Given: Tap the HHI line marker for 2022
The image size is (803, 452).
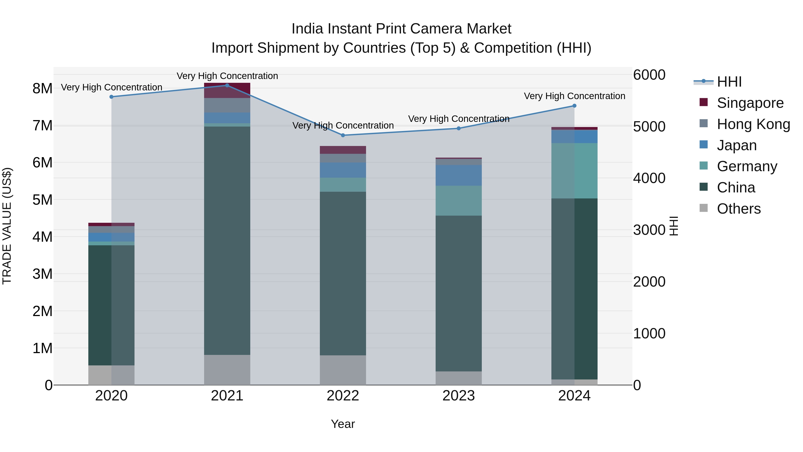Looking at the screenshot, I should point(343,135).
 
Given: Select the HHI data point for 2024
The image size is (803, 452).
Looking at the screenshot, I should point(575,106).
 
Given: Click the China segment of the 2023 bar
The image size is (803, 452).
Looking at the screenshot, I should point(459,293).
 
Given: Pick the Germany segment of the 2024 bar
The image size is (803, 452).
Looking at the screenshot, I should point(575,171).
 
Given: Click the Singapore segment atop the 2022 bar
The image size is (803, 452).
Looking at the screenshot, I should point(343,150).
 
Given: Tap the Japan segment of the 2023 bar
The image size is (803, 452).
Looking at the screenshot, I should point(459,175).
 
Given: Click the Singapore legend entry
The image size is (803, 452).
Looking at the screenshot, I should point(750,103).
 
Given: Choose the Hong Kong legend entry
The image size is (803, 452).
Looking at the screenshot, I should point(753,124).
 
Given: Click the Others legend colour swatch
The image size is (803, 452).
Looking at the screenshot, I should point(704,208).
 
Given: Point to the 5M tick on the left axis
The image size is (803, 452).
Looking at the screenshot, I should point(42,200).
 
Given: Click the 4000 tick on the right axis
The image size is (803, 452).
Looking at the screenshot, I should point(649,178).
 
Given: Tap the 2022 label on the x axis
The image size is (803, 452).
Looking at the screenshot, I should point(343,396).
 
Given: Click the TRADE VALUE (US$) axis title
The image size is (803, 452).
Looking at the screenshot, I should point(7,226).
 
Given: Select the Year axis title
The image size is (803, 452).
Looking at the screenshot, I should point(343,424).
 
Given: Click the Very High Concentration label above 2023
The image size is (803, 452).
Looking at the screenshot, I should point(459,119).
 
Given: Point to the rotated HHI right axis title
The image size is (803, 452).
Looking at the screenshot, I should point(674,226).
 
